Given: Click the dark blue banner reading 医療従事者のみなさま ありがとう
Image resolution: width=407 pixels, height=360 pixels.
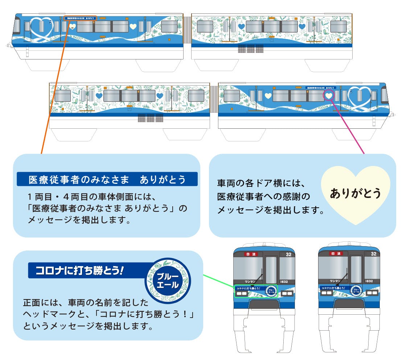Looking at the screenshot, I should [107, 179].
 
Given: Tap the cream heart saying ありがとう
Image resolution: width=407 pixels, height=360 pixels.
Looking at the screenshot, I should [355, 194].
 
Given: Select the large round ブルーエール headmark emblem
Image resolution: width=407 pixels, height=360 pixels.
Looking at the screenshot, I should [168, 281].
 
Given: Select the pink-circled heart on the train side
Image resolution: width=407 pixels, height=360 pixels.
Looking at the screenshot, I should [329, 95].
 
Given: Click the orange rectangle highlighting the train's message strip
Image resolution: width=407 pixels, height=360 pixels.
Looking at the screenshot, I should [81, 17].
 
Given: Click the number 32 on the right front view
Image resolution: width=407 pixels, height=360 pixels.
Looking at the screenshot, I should [373, 254].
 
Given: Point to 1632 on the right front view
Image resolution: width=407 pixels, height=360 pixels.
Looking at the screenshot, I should [369, 281].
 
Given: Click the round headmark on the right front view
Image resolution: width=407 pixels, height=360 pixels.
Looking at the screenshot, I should [356, 291].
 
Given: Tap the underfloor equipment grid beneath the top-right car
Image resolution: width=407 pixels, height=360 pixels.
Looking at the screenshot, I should [250, 49].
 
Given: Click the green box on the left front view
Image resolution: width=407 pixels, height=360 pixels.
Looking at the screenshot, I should [256, 291].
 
